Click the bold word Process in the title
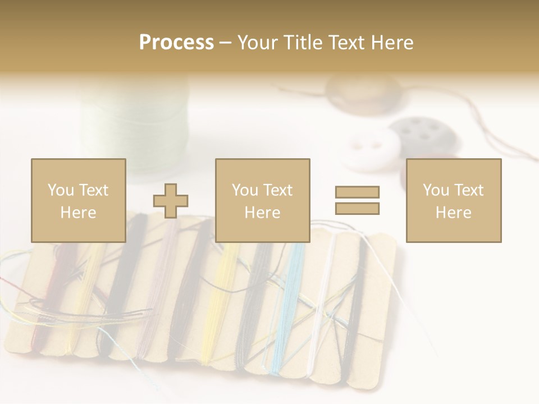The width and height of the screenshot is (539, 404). (x=176, y=42)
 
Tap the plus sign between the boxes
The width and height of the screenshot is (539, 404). (x=171, y=201)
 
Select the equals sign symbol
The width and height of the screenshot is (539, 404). (x=357, y=200)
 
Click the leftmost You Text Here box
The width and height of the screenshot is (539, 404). (x=78, y=200)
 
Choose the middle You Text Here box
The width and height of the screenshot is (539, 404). (x=262, y=200)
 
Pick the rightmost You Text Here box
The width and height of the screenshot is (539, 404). (x=453, y=200)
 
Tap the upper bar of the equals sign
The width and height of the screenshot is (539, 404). (x=357, y=192)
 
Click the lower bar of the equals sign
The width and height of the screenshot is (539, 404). (x=357, y=209)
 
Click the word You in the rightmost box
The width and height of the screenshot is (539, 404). (x=435, y=190)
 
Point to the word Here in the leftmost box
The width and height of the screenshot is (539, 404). (x=78, y=212)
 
